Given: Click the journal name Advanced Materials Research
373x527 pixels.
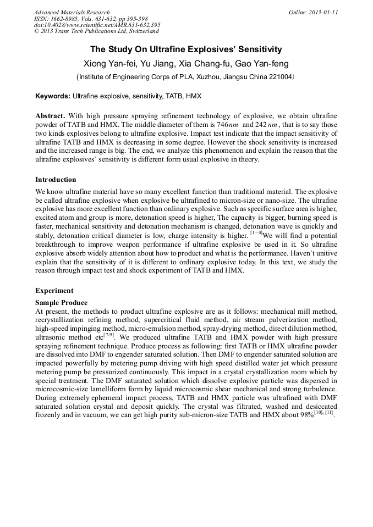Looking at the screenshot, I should click(x=72, y=12).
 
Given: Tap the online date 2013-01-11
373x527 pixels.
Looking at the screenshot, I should click(x=325, y=12).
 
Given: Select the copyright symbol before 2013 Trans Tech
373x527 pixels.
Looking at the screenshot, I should click(x=36, y=32).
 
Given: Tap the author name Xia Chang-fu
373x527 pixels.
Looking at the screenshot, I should click(x=206, y=64).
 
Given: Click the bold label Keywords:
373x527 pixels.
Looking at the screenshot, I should click(x=53, y=96).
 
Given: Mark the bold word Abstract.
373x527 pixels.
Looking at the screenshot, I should click(x=50, y=116).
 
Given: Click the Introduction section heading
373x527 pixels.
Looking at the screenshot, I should click(x=56, y=180).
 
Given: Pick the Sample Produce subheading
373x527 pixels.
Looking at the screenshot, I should click(x=61, y=303).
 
